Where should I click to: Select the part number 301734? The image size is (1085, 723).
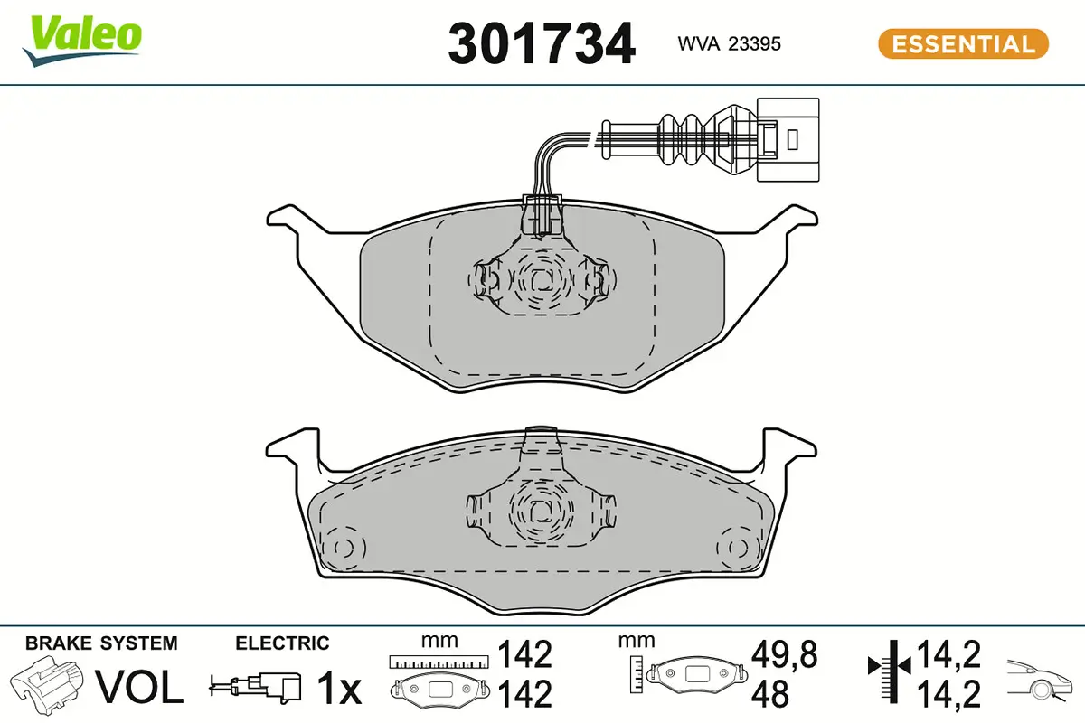click(x=542, y=43)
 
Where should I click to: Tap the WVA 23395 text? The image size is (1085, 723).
click(x=729, y=44)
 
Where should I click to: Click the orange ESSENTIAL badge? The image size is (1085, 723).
click(x=963, y=43)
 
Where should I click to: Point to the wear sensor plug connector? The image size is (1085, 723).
click(x=787, y=140)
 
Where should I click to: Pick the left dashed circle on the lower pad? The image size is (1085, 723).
click(x=344, y=548)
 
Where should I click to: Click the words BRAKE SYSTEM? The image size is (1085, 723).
click(x=101, y=643)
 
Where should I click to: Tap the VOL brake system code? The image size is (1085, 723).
click(x=140, y=689)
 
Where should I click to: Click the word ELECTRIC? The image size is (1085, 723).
click(x=282, y=643)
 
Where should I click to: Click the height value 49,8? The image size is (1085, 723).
click(x=783, y=655)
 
